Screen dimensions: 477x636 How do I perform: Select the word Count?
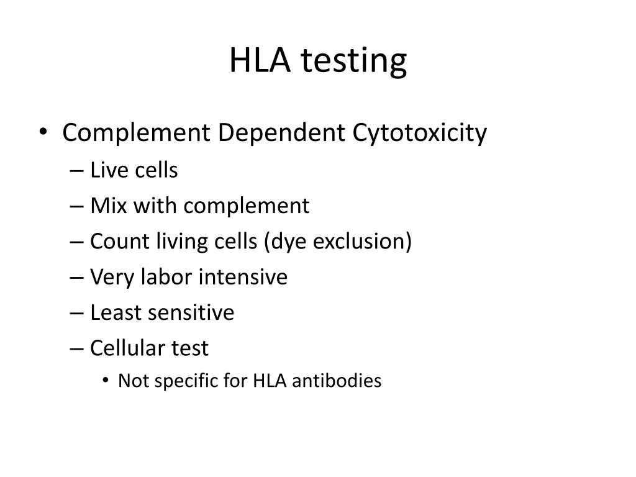[116, 241]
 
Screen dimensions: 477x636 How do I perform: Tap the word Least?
[116, 312]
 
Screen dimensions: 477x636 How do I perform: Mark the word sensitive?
[191, 312]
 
